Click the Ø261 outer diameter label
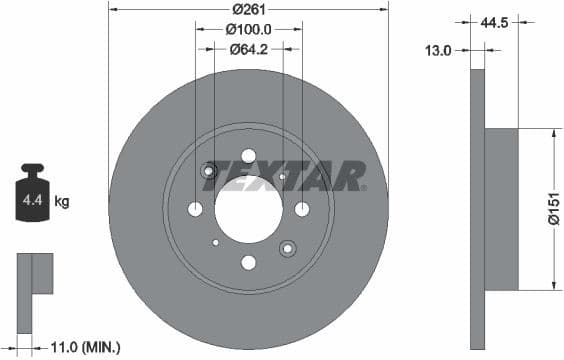(247, 9)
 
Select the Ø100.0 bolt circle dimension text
(248, 29)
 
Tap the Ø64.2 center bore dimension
(248, 48)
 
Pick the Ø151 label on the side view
(552, 209)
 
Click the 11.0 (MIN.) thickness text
(85, 347)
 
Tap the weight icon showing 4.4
(32, 199)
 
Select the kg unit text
(62, 202)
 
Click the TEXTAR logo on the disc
(290, 176)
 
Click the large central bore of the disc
(248, 209)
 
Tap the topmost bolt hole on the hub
(248, 155)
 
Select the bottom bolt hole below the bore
(248, 263)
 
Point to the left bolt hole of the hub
(195, 209)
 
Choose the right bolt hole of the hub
(302, 209)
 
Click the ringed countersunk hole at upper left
(209, 171)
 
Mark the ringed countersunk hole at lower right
(287, 248)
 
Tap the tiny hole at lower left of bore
(215, 242)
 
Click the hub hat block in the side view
(502, 209)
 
